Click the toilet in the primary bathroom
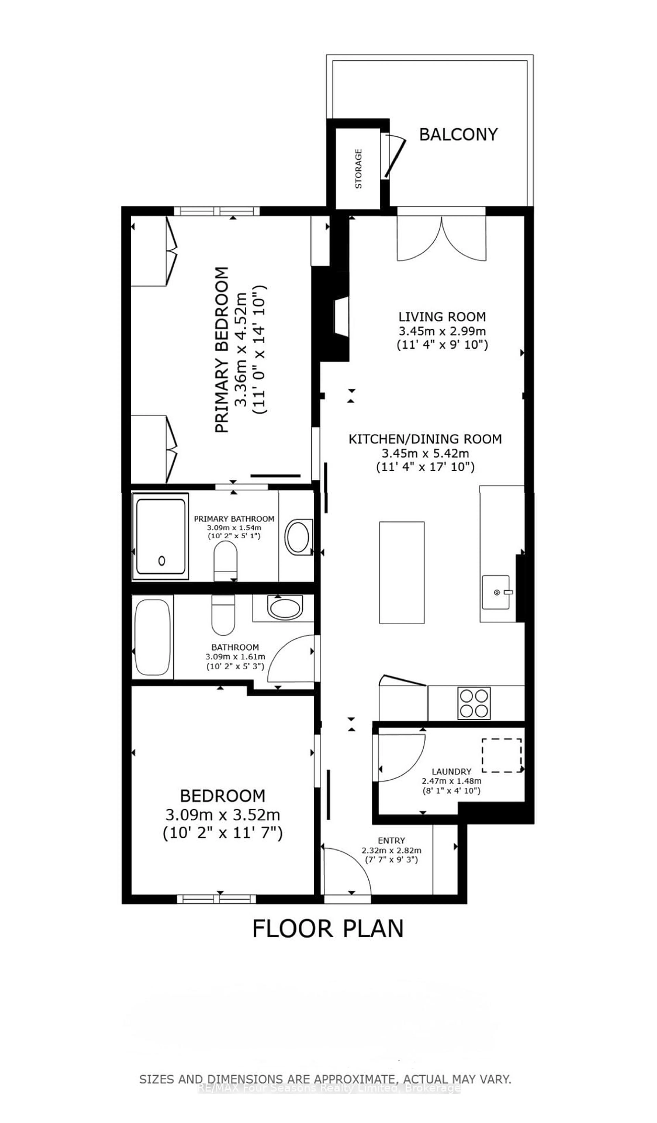[x=225, y=561]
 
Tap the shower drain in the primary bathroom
[x=162, y=561]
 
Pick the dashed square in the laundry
[x=501, y=755]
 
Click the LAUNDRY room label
[x=451, y=771]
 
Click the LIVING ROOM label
[x=442, y=317]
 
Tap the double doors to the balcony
[x=441, y=238]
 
